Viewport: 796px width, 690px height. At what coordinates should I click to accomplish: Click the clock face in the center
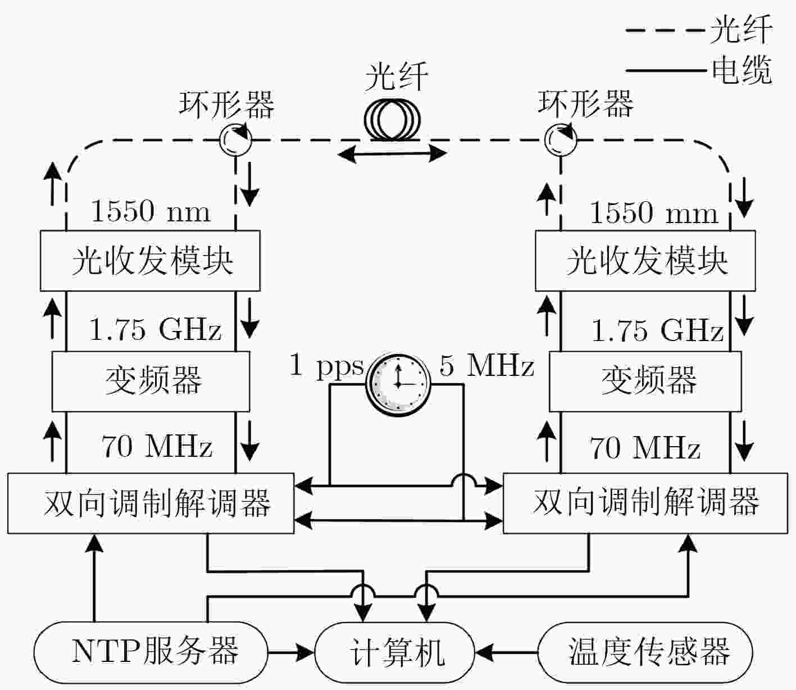(398, 384)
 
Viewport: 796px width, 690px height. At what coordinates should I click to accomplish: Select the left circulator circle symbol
(235, 139)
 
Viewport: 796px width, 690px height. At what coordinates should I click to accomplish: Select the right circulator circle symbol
(560, 139)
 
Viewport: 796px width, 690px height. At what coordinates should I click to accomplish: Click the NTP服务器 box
(150, 652)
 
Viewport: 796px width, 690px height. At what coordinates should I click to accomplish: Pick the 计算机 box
(394, 652)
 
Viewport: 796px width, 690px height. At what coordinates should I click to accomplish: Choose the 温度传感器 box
(645, 652)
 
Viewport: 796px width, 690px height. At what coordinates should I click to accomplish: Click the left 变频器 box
(151, 381)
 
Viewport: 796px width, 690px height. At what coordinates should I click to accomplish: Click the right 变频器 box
(645, 381)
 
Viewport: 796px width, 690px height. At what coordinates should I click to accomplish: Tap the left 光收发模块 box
(150, 261)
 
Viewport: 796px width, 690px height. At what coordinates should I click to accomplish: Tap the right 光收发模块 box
(645, 261)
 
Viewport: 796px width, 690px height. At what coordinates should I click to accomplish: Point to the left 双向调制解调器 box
(151, 503)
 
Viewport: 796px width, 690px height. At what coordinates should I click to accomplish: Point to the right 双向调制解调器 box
(645, 503)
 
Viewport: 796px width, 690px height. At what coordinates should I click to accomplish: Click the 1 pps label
(326, 366)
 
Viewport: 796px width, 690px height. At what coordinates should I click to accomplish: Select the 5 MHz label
(487, 366)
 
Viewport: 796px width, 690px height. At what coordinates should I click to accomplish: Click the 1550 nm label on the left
(151, 211)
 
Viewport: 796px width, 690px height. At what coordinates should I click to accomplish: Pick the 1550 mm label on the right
(653, 212)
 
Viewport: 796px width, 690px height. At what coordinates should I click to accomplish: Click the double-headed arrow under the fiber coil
(392, 154)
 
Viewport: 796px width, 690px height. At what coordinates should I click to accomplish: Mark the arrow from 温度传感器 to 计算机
(506, 652)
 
